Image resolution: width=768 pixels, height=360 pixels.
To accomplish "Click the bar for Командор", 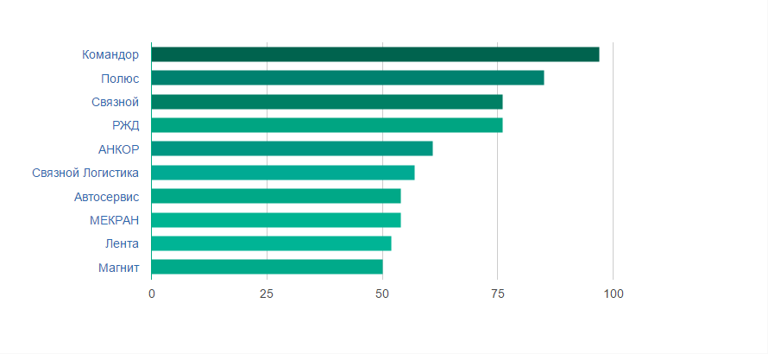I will (375, 54).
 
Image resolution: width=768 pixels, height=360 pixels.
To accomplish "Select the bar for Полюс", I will (348, 78).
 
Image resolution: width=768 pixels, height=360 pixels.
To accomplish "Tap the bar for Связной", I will (327, 102).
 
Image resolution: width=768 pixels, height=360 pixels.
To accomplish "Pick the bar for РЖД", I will (327, 125).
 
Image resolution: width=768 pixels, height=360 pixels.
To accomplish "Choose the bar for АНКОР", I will (292, 148).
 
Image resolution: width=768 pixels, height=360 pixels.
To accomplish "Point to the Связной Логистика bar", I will (283, 173).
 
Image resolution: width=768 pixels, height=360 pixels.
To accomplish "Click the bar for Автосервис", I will (276, 196).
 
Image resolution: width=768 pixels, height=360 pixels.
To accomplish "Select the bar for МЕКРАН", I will (276, 219).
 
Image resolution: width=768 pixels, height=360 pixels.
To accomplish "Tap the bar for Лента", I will (271, 243).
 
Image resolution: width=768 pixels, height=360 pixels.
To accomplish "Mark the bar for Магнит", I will (267, 267).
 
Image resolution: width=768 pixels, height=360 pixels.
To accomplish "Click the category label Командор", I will (110, 54).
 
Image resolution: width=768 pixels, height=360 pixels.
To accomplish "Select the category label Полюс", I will (120, 79).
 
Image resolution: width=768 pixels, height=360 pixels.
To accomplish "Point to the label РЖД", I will (126, 125).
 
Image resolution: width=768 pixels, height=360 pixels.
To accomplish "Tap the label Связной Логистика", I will (85, 173).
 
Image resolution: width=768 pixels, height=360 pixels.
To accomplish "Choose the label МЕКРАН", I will (114, 219).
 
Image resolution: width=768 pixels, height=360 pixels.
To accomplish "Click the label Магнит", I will (119, 267).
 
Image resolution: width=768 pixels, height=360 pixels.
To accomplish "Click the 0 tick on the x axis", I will (152, 294).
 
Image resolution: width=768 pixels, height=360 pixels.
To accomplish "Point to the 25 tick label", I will (267, 294).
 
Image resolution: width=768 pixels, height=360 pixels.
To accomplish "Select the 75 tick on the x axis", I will (497, 294).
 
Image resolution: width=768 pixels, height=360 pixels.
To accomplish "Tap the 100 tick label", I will (613, 294).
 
